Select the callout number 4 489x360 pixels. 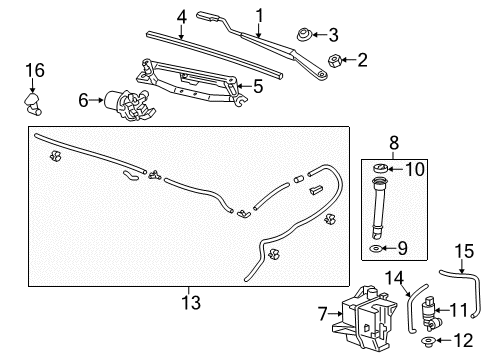181,15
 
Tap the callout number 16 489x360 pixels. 35,70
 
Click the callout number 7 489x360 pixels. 323,314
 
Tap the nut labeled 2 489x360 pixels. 336,60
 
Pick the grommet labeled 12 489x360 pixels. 433,345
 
